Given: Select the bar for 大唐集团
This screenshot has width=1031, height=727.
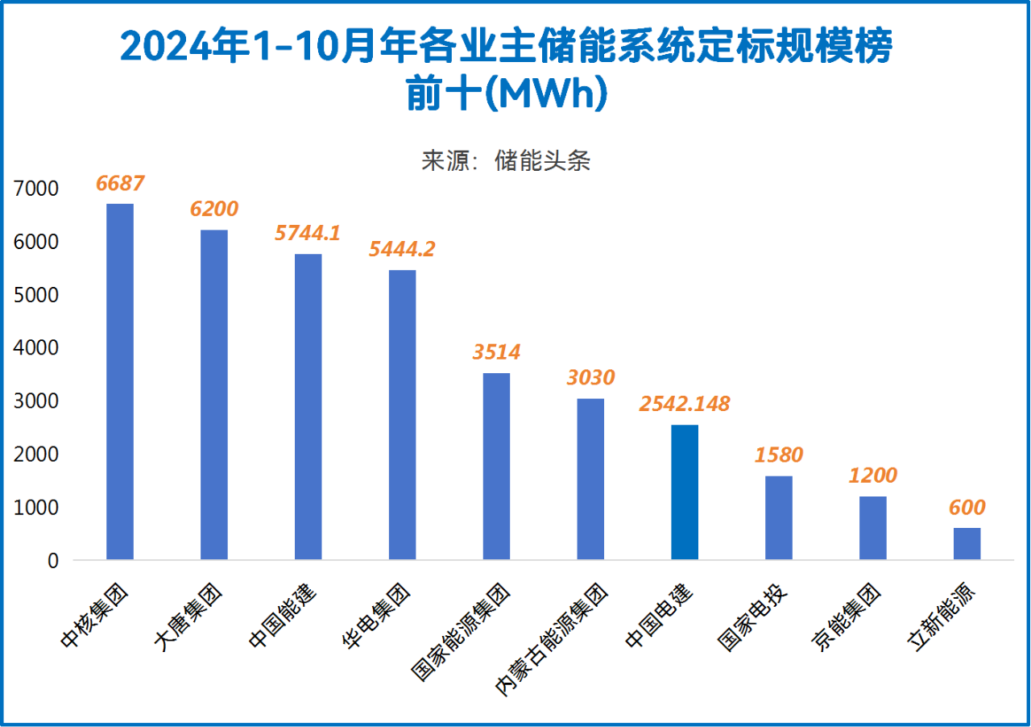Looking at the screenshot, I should click(x=214, y=395).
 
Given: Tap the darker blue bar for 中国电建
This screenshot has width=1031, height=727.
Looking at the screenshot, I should click(x=685, y=492).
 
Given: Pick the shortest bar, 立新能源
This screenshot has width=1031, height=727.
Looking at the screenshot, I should click(x=967, y=543).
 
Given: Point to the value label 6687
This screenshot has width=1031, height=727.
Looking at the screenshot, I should click(x=120, y=184).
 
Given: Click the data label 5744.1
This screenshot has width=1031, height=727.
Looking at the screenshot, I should click(x=308, y=234).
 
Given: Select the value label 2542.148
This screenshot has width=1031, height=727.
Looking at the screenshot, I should click(x=685, y=404).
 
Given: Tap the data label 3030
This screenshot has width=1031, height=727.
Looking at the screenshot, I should click(x=590, y=377).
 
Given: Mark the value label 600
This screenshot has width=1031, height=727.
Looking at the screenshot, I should click(x=967, y=507).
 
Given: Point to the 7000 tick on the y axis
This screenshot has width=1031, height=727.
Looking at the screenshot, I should click(x=36, y=189).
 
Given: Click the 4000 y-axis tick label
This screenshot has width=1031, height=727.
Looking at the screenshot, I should click(x=36, y=348).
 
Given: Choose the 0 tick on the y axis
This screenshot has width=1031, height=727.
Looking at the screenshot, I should click(x=53, y=560).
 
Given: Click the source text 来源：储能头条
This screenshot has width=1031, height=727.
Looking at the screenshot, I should click(x=506, y=160).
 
